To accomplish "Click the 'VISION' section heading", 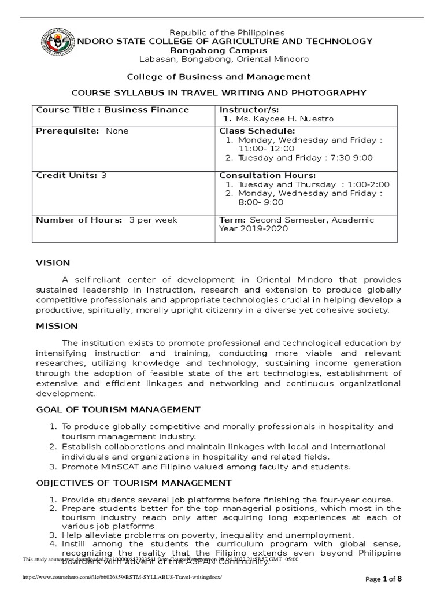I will (x=53, y=263).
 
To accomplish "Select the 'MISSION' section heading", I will (x=57, y=326).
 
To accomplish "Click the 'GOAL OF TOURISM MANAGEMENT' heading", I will (x=118, y=409).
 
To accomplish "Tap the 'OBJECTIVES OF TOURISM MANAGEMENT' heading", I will (x=134, y=483).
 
